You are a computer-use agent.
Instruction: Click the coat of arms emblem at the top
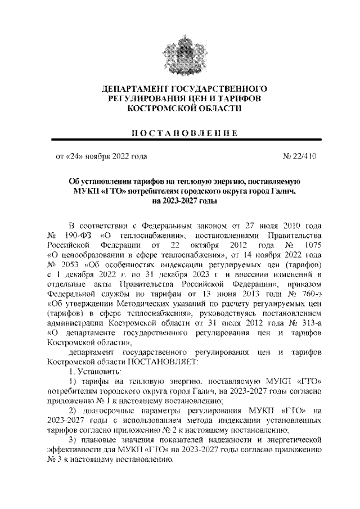(x=179, y=54)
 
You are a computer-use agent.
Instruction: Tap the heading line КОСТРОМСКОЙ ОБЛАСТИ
(x=179, y=108)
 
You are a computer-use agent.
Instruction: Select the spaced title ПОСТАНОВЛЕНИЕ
(x=179, y=133)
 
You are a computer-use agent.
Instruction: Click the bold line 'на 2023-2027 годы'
(x=180, y=201)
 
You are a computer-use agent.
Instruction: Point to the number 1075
(x=310, y=245)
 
